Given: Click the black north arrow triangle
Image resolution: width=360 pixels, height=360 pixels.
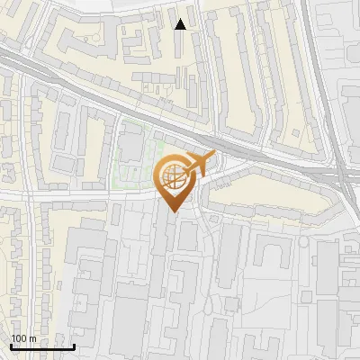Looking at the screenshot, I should click(181, 24).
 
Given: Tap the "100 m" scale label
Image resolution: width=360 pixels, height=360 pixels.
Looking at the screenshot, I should click(23, 338).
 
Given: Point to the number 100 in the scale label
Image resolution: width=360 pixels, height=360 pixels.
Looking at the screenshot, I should click(19, 338).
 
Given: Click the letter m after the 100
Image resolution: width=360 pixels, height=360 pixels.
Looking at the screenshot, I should click(32, 338).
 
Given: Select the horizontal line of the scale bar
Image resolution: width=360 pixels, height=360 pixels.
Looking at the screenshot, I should click(41, 346).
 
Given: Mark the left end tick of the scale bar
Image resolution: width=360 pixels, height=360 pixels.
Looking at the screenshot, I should click(10, 345).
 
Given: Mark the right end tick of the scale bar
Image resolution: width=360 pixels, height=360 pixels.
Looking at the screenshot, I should click(74, 345).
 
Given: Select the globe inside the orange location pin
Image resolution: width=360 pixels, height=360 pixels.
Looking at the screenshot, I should click(173, 176).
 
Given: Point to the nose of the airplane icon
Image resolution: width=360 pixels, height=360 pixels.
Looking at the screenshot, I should click(214, 155).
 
